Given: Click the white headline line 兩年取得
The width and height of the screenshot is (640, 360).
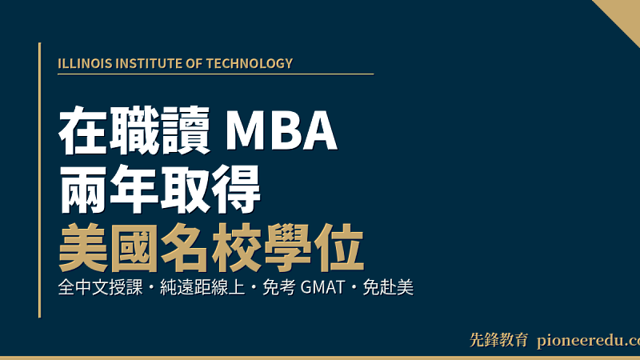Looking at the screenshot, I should click(x=160, y=191).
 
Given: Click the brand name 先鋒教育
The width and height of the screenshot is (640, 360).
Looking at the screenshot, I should click(x=498, y=340).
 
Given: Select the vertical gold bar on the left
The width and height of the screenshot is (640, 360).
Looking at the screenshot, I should click(x=39, y=180).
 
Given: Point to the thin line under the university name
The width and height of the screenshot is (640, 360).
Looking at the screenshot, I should click(x=216, y=74).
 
